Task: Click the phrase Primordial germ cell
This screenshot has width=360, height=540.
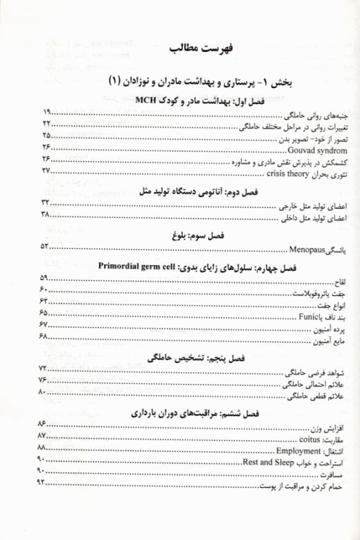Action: (x=133, y=268)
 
